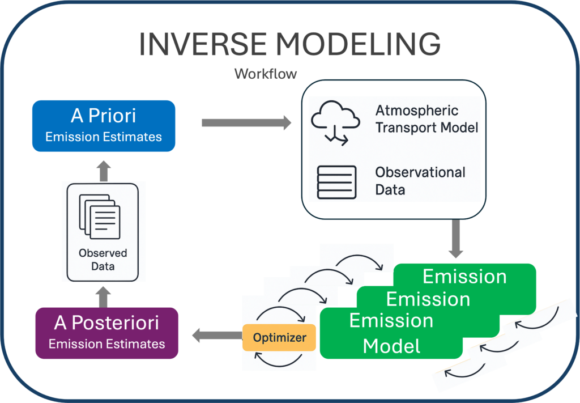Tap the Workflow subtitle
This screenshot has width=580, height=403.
tap(266, 74)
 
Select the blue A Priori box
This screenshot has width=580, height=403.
tap(103, 126)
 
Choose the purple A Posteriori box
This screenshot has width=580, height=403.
tap(106, 333)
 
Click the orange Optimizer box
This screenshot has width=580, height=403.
tap(279, 338)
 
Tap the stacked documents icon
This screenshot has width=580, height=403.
tap(100, 216)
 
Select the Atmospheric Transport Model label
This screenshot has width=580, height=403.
tap(427, 119)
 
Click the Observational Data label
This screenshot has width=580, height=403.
tap(420, 180)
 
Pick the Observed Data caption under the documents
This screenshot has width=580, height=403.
tap(103, 259)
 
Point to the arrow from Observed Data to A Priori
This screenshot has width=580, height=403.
tap(103, 171)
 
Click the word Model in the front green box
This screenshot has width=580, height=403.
tap(391, 345)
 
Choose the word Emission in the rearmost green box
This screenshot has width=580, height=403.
tap(464, 277)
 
